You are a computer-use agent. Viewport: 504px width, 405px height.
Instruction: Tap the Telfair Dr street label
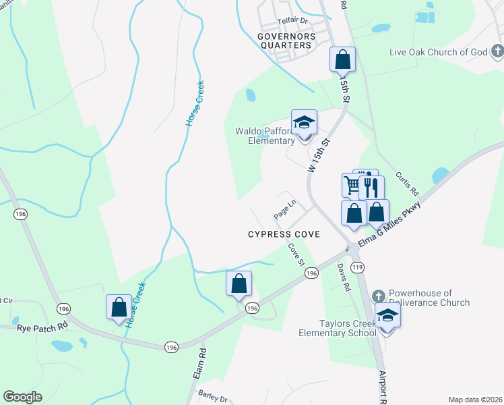tap(292, 22)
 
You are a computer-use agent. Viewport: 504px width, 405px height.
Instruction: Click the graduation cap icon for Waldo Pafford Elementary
tap(304, 122)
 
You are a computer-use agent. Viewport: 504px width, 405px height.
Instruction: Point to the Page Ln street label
tap(285, 209)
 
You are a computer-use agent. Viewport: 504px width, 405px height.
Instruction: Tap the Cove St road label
tap(297, 254)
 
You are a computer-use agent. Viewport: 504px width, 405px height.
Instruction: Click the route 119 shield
tap(357, 268)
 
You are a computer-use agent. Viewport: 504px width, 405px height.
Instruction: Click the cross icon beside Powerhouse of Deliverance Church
tap(377, 296)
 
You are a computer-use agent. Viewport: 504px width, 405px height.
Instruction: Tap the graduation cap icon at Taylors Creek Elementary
tap(387, 316)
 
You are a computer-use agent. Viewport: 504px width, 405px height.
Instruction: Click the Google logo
tap(23, 396)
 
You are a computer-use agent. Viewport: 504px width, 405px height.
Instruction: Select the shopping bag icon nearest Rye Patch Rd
tap(119, 306)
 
